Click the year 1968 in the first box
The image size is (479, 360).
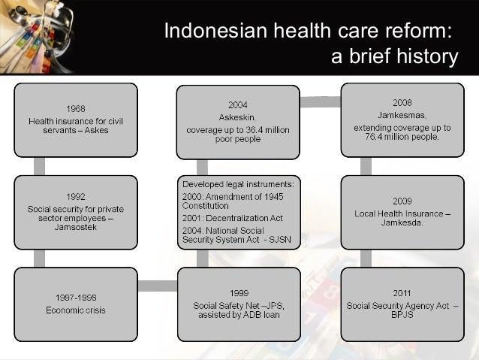click(75, 108)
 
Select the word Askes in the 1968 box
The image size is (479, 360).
click(96, 130)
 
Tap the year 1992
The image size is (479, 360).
click(75, 198)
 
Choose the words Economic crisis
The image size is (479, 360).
click(75, 310)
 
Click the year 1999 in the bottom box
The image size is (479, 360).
click(237, 293)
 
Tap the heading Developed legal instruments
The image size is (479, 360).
click(237, 183)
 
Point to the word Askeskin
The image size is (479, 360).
click(237, 117)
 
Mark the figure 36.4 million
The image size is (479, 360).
click(264, 129)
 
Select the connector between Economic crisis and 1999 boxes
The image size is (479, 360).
click(157, 285)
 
